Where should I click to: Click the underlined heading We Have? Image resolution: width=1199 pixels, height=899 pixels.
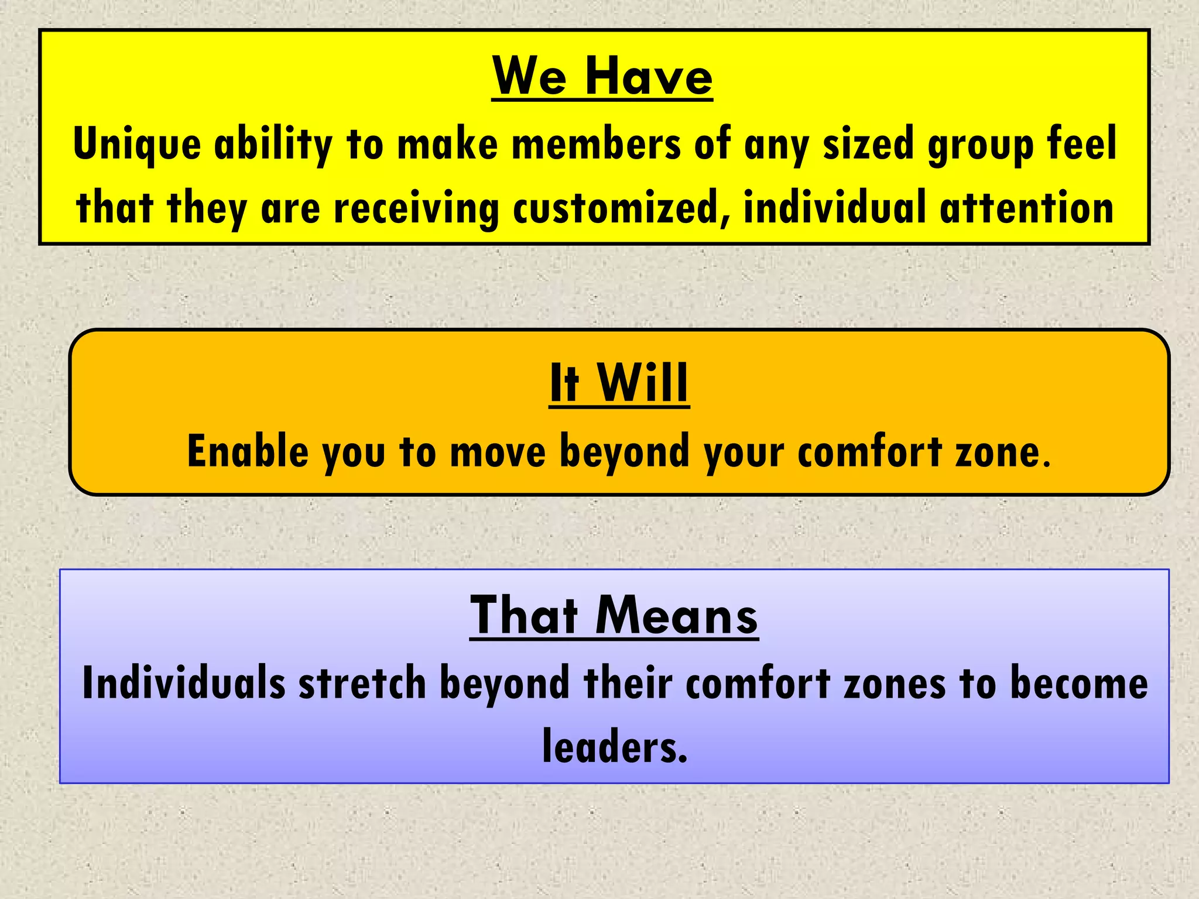pos(602,77)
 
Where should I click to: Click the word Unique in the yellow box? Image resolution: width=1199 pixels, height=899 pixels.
pos(137,145)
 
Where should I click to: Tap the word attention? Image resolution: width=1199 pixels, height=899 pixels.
pos(1026,208)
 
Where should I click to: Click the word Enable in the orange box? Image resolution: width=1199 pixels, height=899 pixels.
pos(248,451)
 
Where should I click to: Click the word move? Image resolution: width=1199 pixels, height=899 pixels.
pos(498,452)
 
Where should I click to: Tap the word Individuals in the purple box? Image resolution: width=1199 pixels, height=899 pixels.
pos(184,683)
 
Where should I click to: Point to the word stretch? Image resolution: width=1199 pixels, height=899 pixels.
pos(362,683)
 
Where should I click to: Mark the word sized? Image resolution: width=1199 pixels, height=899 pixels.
pos(868,145)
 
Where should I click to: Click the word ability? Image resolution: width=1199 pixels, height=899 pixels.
pos(273,145)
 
